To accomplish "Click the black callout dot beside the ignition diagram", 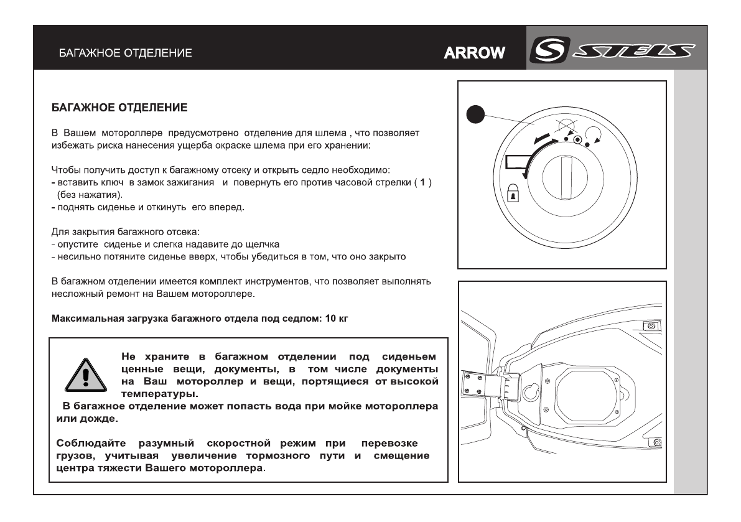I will tap(477, 117).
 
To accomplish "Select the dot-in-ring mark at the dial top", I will tap(577, 141).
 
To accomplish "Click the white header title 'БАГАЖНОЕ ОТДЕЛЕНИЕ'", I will tap(125, 53).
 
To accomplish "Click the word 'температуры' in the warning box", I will tap(159, 394).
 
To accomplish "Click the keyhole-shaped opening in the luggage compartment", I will tap(531, 390).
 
